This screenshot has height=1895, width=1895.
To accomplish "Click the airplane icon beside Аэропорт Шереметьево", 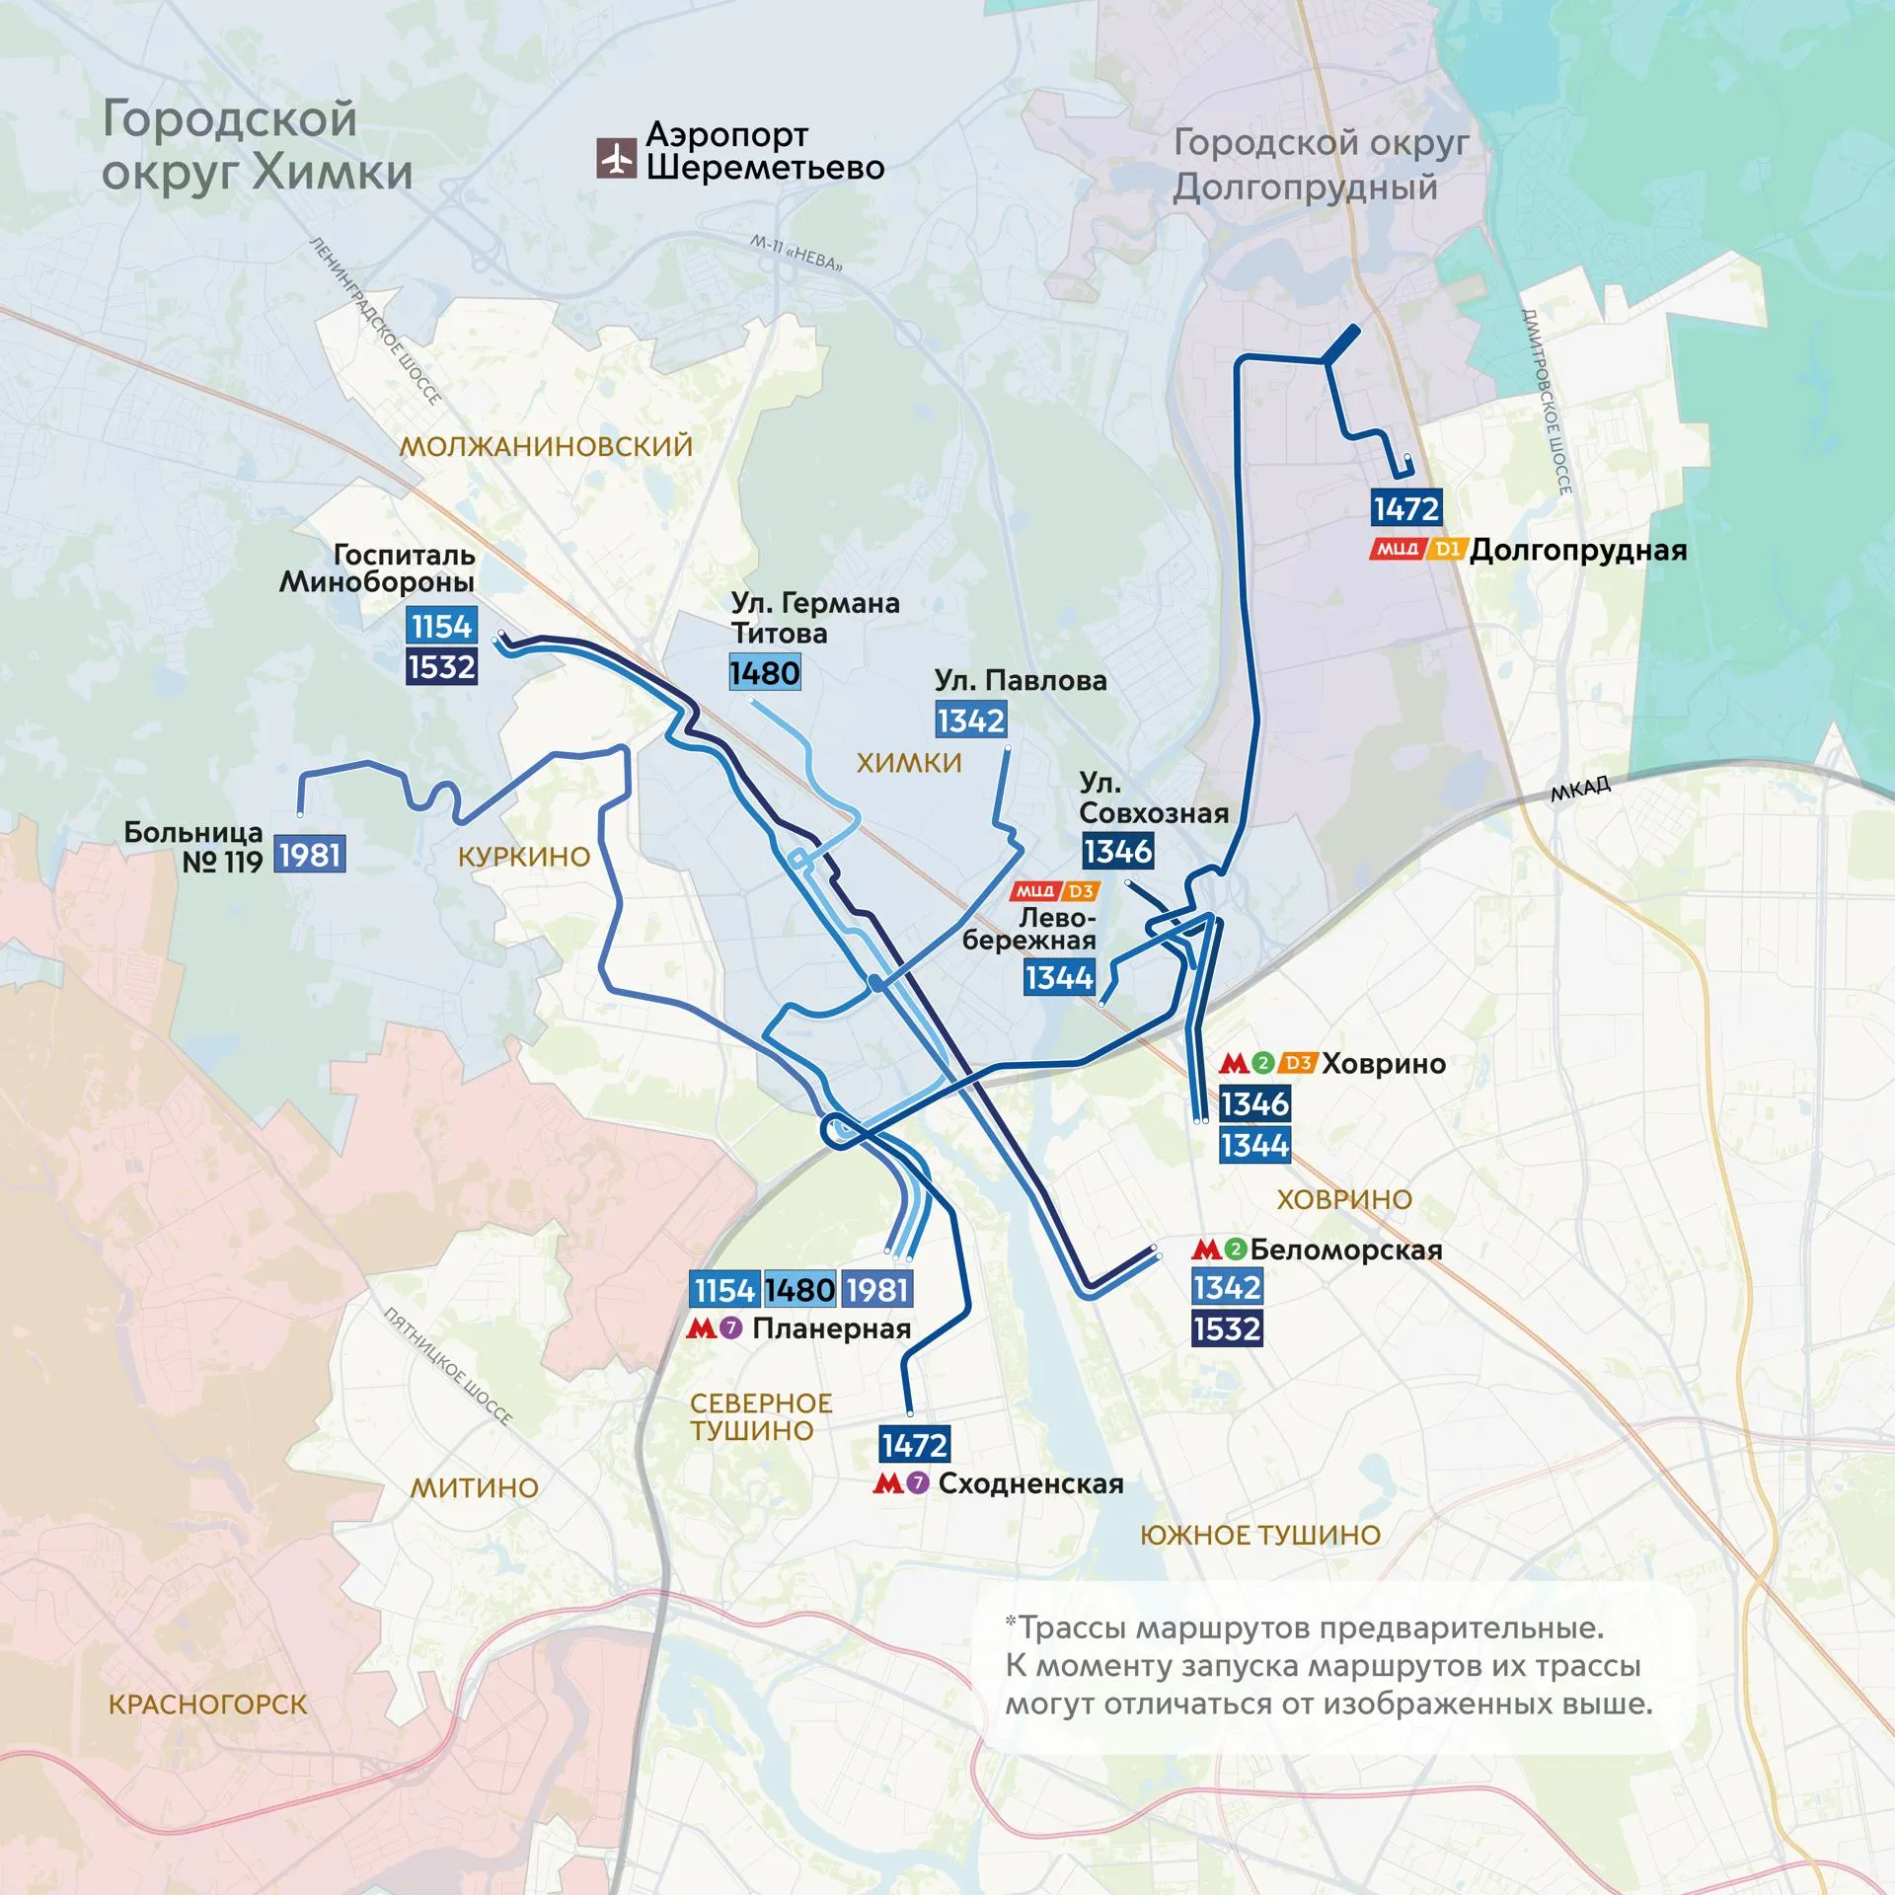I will point(616,158).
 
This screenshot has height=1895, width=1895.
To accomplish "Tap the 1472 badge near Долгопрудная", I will point(1406,508).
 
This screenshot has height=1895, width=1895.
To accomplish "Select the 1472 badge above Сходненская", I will point(914,1445).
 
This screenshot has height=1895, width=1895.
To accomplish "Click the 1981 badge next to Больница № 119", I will point(310,854).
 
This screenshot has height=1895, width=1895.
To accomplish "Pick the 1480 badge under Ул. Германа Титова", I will point(765,673).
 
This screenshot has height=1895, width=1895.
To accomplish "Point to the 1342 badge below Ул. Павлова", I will point(971,720).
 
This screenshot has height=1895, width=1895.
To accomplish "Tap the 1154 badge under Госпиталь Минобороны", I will point(441,626).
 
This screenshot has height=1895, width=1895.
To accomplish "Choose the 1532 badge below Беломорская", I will point(1227,1328).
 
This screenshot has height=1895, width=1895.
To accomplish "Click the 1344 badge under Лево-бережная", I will point(1059,977).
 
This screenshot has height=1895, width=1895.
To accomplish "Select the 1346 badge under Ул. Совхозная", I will point(1117,851).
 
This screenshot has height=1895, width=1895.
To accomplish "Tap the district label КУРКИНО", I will point(524,857).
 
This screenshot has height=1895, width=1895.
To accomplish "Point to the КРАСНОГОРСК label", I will point(208,1705).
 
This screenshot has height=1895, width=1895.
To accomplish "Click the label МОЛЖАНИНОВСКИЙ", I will point(546,446).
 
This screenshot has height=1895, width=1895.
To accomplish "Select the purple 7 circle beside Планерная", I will point(730,1328).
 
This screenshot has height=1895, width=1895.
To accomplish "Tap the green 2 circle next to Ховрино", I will point(1263,1063).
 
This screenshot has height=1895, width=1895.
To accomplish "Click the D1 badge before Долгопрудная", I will point(1447,549).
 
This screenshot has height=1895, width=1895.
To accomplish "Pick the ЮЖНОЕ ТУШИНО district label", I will point(1260,1535).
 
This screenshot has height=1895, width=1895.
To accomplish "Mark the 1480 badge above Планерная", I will point(799,1289).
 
